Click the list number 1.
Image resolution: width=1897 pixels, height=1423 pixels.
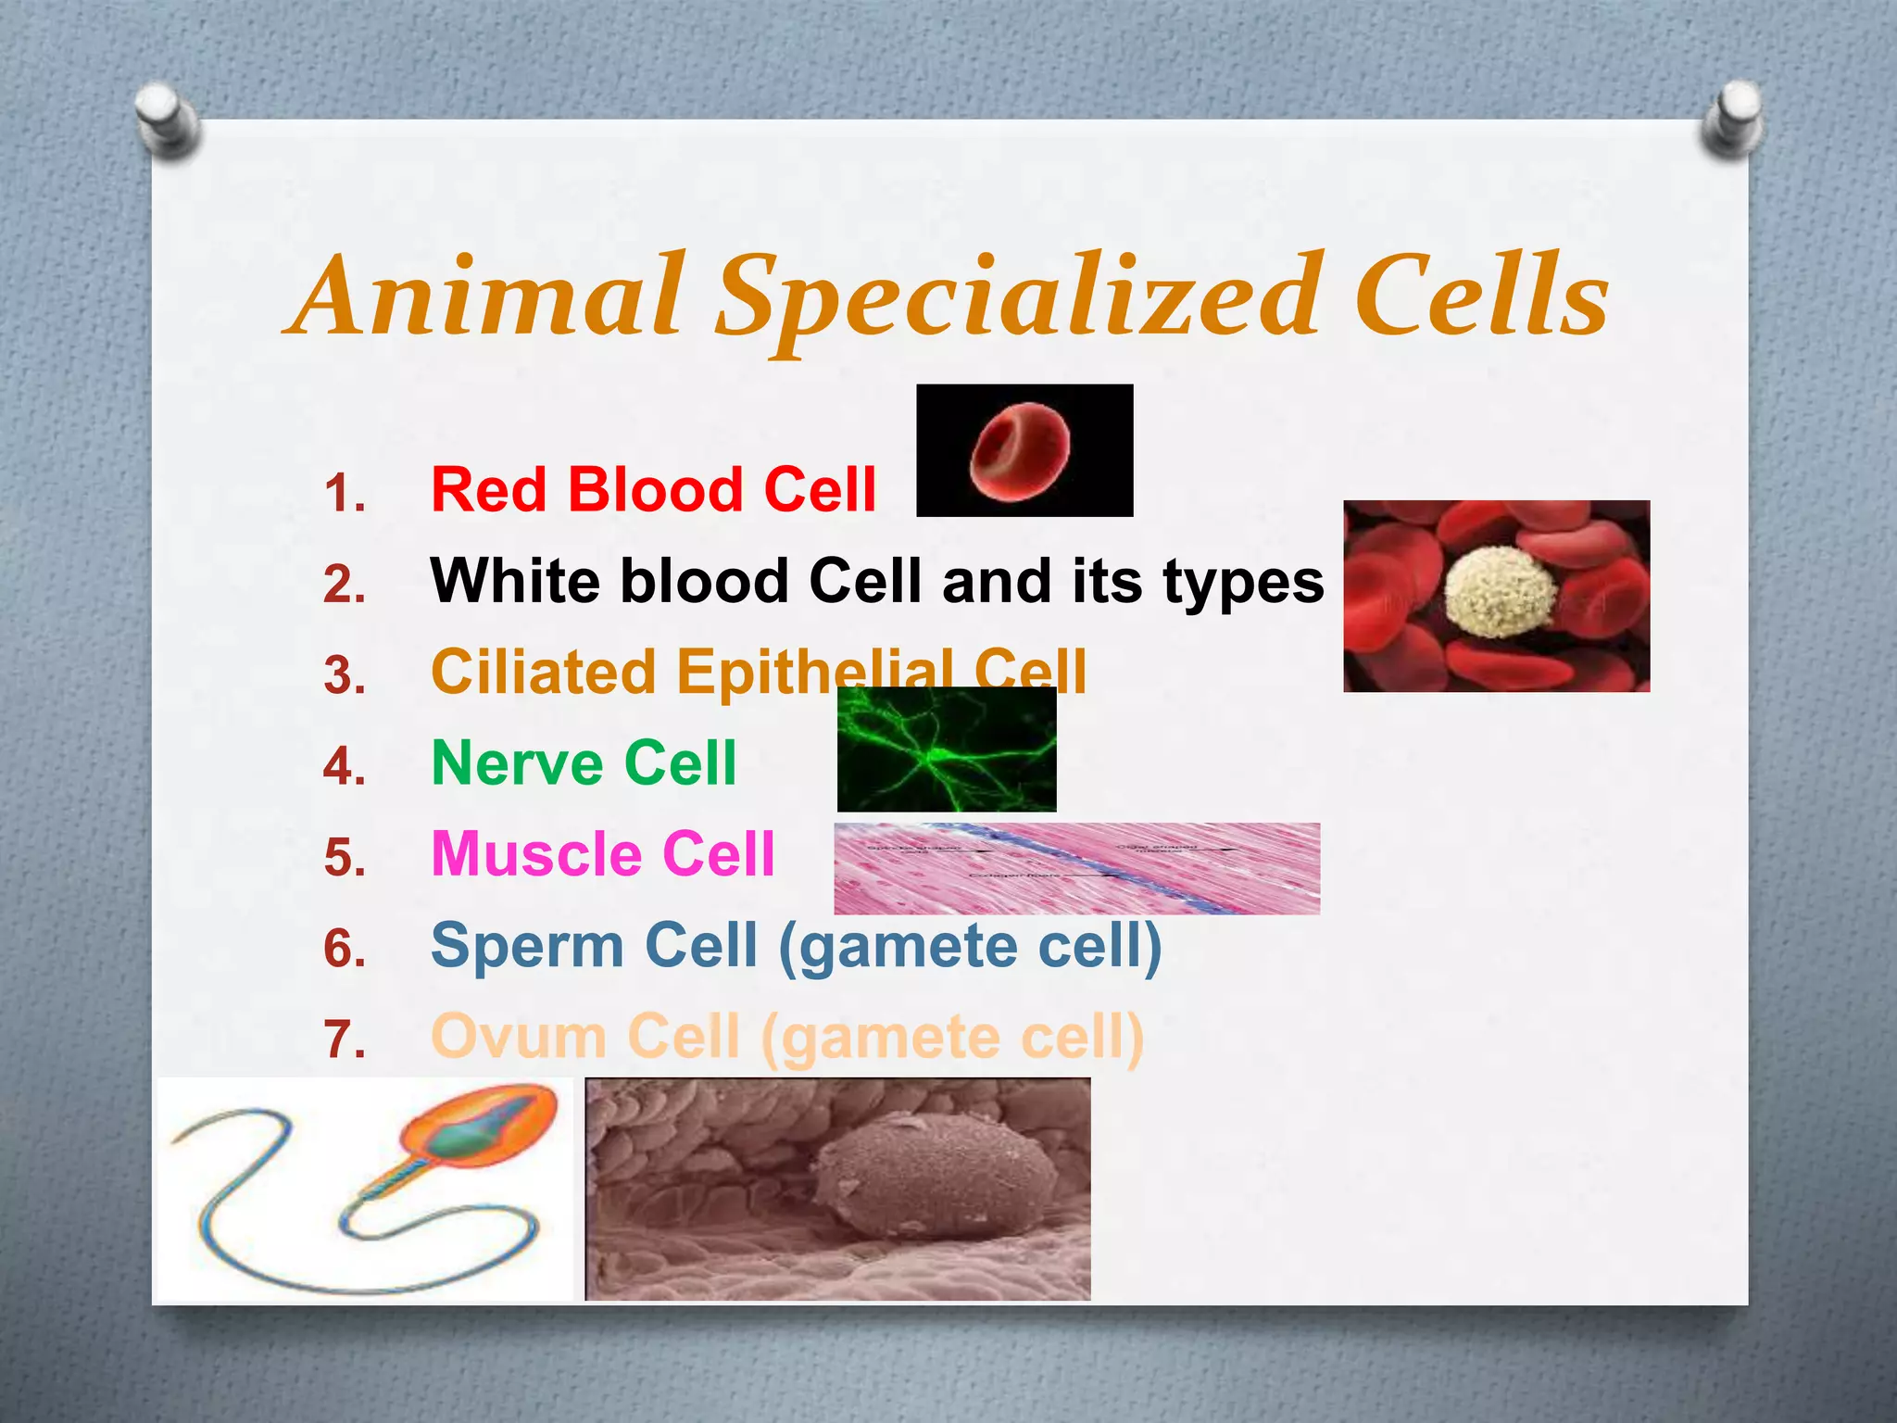pyautogui.click(x=345, y=493)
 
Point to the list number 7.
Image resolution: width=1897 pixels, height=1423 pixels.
pyautogui.click(x=345, y=1039)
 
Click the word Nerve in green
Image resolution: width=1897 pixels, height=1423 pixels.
pyautogui.click(x=519, y=763)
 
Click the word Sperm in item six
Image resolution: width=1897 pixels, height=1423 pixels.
pyautogui.click(x=527, y=945)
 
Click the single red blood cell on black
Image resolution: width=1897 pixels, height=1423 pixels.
pyautogui.click(x=1020, y=451)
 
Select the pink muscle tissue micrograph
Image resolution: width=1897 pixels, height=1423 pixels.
pyautogui.click(x=1076, y=868)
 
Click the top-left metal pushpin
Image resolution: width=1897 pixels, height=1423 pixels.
pyautogui.click(x=165, y=119)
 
